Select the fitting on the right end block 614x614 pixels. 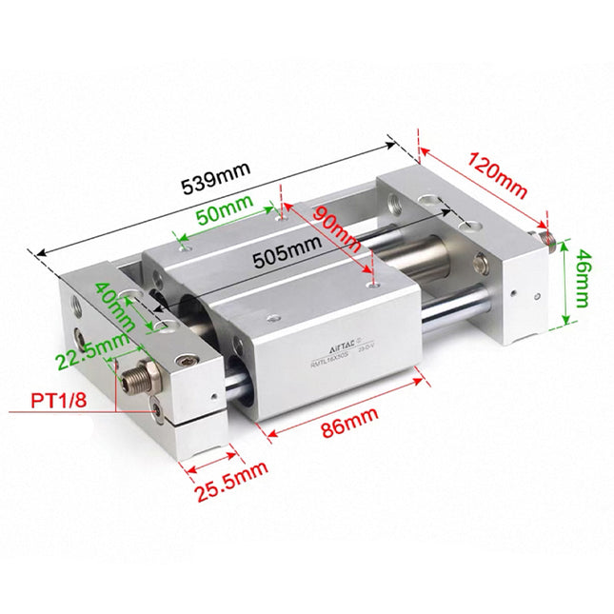pyautogui.click(x=545, y=235)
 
